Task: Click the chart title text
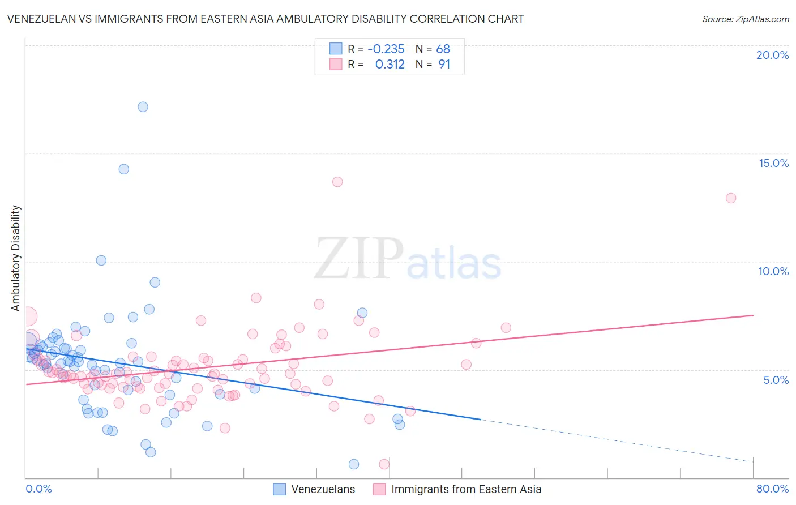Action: (x=265, y=19)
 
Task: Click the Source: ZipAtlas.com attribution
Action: (x=745, y=19)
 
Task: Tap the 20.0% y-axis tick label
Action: (x=772, y=55)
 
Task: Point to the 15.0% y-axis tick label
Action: (x=773, y=163)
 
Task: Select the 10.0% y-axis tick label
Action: (x=773, y=271)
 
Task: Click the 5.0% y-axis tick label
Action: (x=776, y=380)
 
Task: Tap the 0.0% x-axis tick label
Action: (x=38, y=489)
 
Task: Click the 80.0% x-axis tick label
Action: (x=772, y=489)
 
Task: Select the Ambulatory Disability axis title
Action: (x=16, y=258)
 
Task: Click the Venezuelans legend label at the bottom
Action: (x=323, y=489)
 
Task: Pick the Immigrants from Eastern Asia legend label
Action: (x=466, y=489)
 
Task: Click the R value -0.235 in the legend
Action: (x=386, y=49)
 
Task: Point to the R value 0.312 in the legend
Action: (x=390, y=65)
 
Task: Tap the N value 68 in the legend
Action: (x=443, y=49)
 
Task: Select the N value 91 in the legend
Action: (x=444, y=65)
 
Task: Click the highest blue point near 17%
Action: (x=143, y=107)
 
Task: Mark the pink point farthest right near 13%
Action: (x=731, y=198)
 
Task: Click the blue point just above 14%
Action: (x=123, y=169)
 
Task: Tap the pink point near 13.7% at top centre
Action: (x=337, y=182)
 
